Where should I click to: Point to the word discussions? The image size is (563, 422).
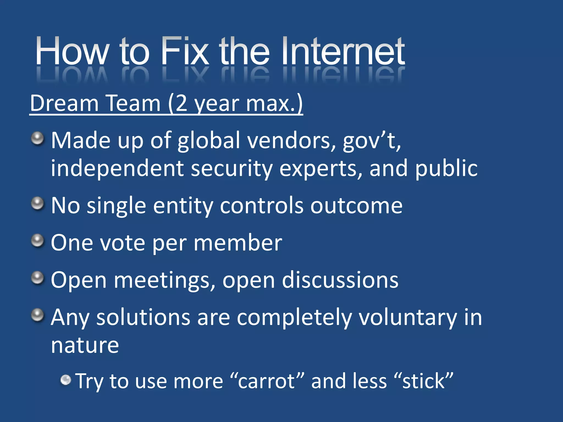coord(340,280)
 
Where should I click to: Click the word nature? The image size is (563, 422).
coord(85,345)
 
